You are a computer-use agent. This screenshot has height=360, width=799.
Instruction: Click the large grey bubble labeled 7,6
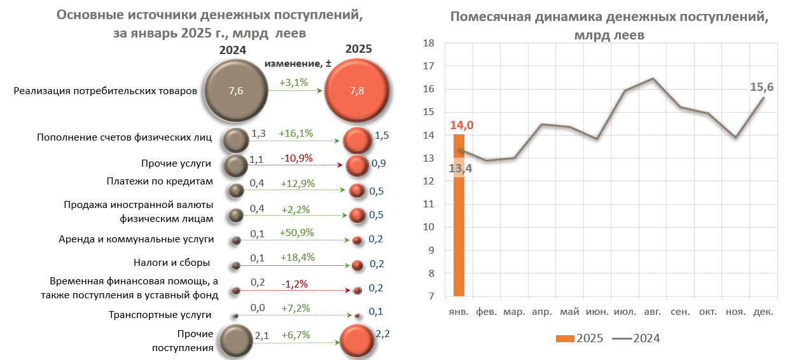[235, 91]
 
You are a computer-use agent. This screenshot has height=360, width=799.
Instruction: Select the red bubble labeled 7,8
[357, 91]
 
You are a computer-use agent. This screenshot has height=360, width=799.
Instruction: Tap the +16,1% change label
[296, 134]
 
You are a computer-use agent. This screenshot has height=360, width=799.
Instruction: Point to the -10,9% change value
[296, 158]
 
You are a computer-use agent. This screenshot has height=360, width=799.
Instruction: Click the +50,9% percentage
[296, 233]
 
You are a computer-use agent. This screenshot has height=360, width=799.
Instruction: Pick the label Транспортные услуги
[160, 315]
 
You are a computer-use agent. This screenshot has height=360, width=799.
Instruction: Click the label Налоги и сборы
[172, 263]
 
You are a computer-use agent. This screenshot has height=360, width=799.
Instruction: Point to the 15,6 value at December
[762, 87]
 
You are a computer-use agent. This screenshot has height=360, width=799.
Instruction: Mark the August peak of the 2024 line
[653, 78]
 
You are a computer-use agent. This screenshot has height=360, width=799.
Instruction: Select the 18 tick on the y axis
[428, 43]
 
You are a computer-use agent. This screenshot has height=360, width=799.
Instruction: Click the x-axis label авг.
[653, 312]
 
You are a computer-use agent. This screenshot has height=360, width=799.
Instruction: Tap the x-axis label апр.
[541, 312]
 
